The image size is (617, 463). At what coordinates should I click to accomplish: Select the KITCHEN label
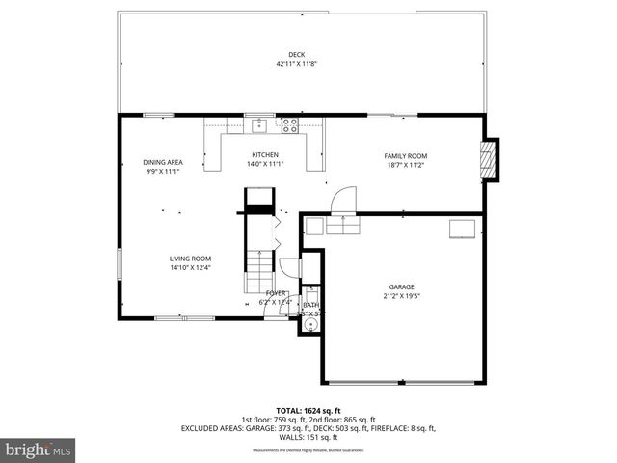265,154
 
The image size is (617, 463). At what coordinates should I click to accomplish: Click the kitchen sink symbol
258,124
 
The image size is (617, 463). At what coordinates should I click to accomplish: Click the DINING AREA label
163,162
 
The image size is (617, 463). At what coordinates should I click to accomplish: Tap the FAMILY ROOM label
405,155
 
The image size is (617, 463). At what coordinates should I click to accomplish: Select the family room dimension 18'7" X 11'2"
405,165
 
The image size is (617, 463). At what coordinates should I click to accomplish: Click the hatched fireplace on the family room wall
490,159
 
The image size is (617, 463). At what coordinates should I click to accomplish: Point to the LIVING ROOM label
191,259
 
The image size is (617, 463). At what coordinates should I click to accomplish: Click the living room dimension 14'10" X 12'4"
191,268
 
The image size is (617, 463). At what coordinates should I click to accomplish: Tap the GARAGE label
402,286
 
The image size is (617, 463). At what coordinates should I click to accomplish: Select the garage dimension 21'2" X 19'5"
402,296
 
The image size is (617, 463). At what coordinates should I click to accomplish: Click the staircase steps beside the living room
258,260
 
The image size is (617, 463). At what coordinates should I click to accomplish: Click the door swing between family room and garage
341,202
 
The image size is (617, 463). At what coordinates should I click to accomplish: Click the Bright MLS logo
39,449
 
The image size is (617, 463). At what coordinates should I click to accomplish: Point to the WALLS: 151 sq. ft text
308,437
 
